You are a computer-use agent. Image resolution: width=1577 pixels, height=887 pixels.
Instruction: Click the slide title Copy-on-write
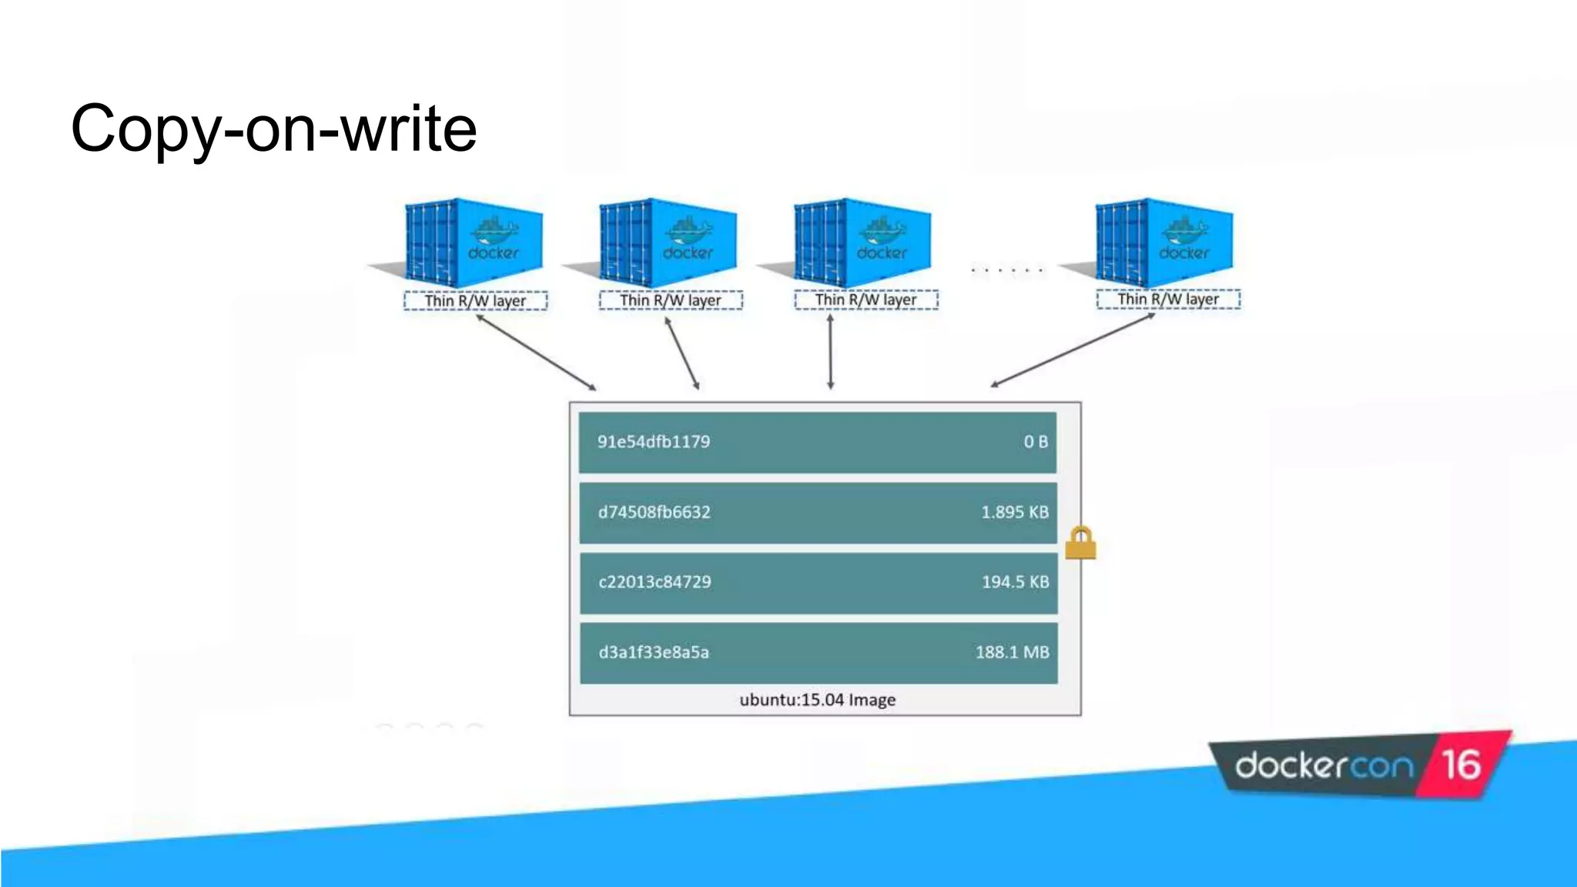click(x=273, y=129)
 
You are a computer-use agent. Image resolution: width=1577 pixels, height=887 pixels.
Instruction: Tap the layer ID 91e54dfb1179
click(x=654, y=442)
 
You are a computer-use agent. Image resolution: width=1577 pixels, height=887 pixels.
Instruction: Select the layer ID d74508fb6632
click(x=654, y=512)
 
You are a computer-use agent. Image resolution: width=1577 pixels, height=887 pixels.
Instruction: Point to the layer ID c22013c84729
click(x=655, y=582)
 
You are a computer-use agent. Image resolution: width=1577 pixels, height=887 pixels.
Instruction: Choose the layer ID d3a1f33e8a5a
click(x=654, y=652)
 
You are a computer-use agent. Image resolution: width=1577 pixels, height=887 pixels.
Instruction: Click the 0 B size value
click(x=1036, y=442)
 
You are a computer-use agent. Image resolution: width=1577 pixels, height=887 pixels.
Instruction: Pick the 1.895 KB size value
click(x=1014, y=512)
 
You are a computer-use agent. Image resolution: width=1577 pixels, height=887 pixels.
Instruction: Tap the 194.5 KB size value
click(x=1015, y=582)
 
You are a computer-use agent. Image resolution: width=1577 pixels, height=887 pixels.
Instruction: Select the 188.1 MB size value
click(x=1012, y=652)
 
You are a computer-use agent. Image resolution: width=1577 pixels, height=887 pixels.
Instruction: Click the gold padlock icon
click(x=1080, y=543)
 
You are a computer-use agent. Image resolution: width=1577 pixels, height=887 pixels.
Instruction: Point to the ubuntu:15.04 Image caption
click(x=817, y=700)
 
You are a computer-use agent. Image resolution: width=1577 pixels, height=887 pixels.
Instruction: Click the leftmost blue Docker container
click(x=474, y=242)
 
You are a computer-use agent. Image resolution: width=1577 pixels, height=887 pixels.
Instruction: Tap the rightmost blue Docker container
click(x=1163, y=242)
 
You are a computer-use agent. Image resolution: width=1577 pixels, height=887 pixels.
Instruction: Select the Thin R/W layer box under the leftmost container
click(x=475, y=300)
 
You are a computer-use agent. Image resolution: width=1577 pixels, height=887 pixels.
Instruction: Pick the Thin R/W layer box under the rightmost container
click(x=1168, y=299)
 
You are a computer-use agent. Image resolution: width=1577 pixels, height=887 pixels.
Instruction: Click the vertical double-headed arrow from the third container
click(x=830, y=351)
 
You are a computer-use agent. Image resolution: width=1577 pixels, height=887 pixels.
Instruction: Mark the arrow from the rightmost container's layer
click(x=1073, y=350)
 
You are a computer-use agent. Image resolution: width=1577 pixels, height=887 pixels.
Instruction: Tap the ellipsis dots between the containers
click(x=1006, y=270)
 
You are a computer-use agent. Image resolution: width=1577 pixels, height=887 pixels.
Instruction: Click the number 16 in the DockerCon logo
click(x=1461, y=765)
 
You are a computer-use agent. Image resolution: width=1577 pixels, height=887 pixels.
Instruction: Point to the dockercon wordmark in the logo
click(x=1324, y=766)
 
